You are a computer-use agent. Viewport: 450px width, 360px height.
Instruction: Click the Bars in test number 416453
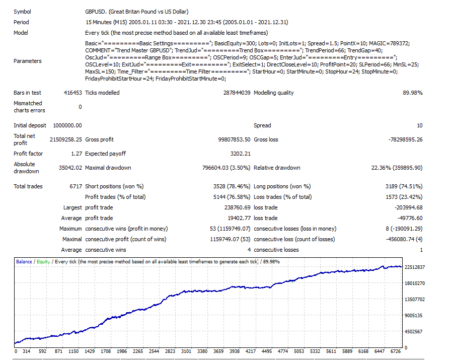[72, 93]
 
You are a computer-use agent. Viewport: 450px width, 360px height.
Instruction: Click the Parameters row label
[28, 61]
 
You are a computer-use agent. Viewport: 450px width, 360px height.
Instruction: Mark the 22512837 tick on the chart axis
[415, 267]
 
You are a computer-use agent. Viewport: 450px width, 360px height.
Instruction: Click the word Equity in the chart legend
[43, 262]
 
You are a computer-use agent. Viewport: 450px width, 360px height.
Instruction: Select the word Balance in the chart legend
[24, 262]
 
